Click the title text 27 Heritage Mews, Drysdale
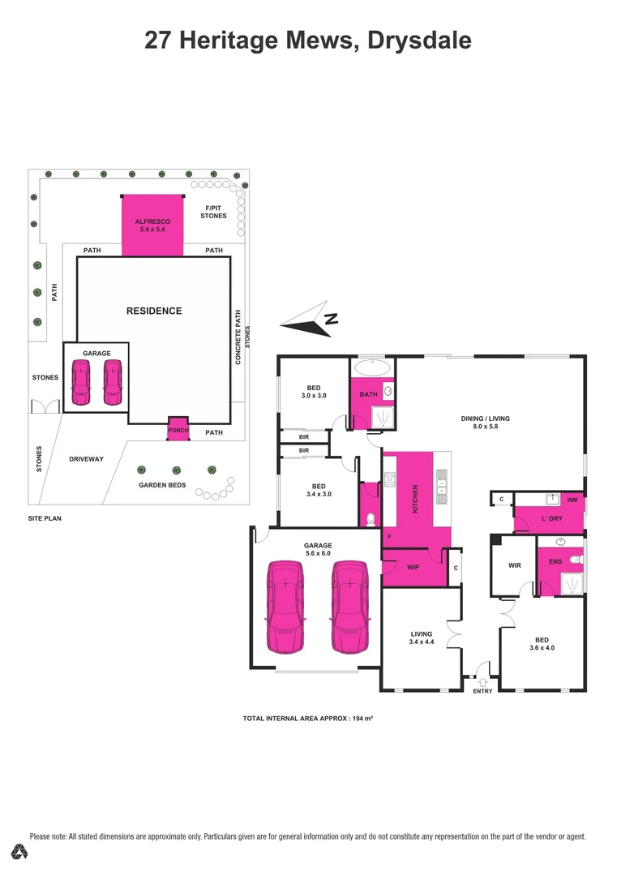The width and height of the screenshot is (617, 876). tap(308, 40)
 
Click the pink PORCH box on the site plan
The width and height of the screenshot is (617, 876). tap(178, 429)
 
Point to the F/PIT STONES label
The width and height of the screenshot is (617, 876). tap(213, 212)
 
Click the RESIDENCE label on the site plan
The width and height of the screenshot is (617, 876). tap(153, 311)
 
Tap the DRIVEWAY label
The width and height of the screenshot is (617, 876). tap(86, 459)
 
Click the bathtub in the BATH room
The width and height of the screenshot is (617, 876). tap(373, 366)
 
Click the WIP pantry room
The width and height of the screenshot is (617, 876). tap(412, 568)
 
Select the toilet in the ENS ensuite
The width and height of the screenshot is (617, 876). tap(575, 559)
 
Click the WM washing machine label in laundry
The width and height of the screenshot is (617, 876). tap(572, 500)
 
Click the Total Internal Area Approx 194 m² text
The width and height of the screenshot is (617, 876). tap(307, 719)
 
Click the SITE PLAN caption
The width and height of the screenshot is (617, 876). tap(45, 517)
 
